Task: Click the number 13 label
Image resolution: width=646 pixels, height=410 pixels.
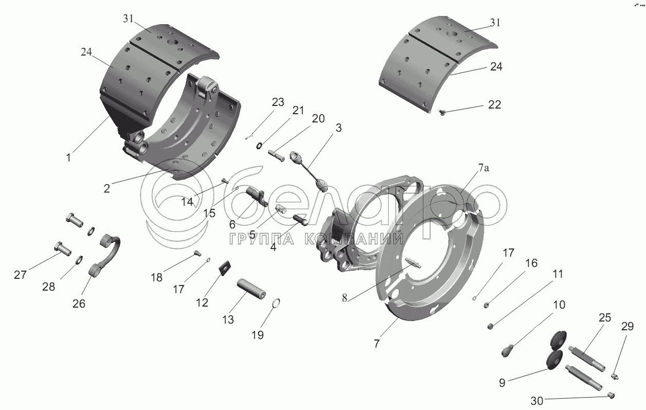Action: tap(228, 319)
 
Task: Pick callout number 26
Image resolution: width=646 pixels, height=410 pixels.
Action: tap(79, 304)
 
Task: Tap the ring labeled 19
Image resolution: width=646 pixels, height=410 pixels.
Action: tap(275, 303)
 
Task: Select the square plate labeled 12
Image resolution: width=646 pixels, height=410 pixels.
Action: tap(224, 268)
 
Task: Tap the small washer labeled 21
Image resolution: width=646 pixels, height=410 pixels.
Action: tap(260, 145)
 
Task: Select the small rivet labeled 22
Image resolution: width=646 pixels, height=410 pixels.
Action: tap(442, 112)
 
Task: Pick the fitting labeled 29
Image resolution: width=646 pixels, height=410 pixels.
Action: tap(615, 377)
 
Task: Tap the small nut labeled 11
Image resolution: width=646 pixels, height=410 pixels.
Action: tap(491, 326)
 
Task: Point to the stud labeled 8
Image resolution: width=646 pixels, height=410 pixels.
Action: tap(414, 264)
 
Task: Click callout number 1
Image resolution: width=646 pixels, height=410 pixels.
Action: tap(69, 157)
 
